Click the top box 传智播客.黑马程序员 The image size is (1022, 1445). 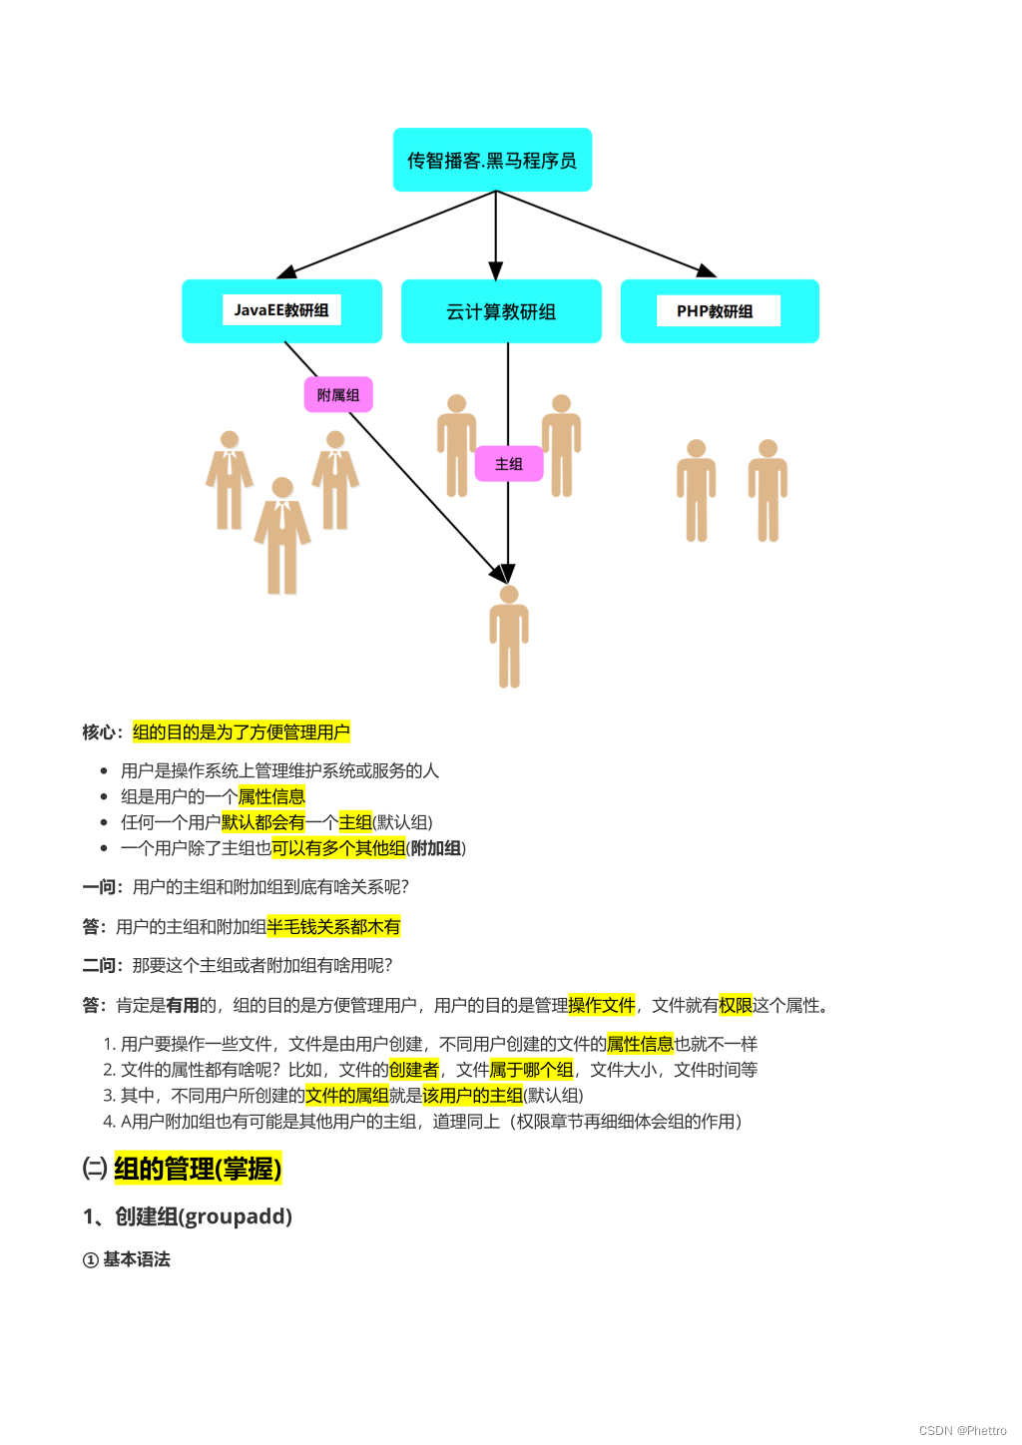point(492,160)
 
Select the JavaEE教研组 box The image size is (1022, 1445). point(281,310)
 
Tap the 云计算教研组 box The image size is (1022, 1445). point(501,311)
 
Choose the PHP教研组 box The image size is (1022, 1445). point(719,311)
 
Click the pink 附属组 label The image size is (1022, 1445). point(338,395)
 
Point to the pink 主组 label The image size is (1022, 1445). point(509,464)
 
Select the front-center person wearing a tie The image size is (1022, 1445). point(282,535)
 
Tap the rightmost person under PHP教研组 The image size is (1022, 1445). point(767,490)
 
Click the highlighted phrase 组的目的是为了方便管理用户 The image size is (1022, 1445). point(241,732)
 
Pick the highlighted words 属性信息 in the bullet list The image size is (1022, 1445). point(271,796)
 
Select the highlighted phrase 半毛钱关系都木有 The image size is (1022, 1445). point(333,927)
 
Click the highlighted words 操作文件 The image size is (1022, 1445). point(601,1005)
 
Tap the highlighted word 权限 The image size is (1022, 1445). point(736,1005)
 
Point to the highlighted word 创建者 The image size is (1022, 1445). point(413,1070)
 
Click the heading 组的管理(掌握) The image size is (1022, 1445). point(198,1168)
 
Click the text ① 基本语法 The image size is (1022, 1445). point(127,1259)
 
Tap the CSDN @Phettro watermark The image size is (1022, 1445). point(962,1430)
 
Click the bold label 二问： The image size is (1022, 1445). point(104,965)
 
